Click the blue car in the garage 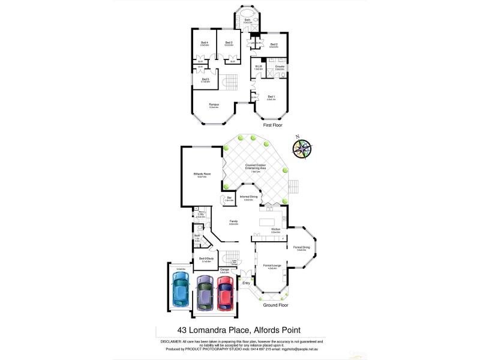[x=181, y=291]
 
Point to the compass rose [x=302, y=149]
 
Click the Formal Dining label [x=301, y=247]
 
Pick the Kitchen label [x=276, y=230]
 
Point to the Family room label [x=233, y=221]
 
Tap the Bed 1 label [x=271, y=96]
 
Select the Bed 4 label [x=204, y=43]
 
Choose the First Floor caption [x=273, y=126]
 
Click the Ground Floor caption [x=275, y=305]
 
